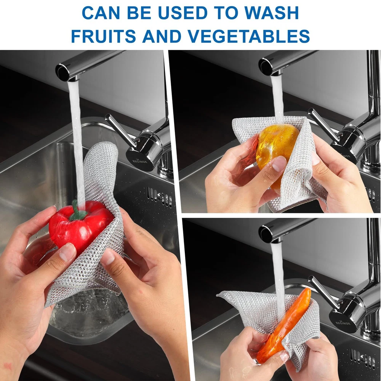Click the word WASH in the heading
[271, 13]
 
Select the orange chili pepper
[283, 327]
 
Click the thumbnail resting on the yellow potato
[279, 164]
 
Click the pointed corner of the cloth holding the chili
[218, 295]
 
